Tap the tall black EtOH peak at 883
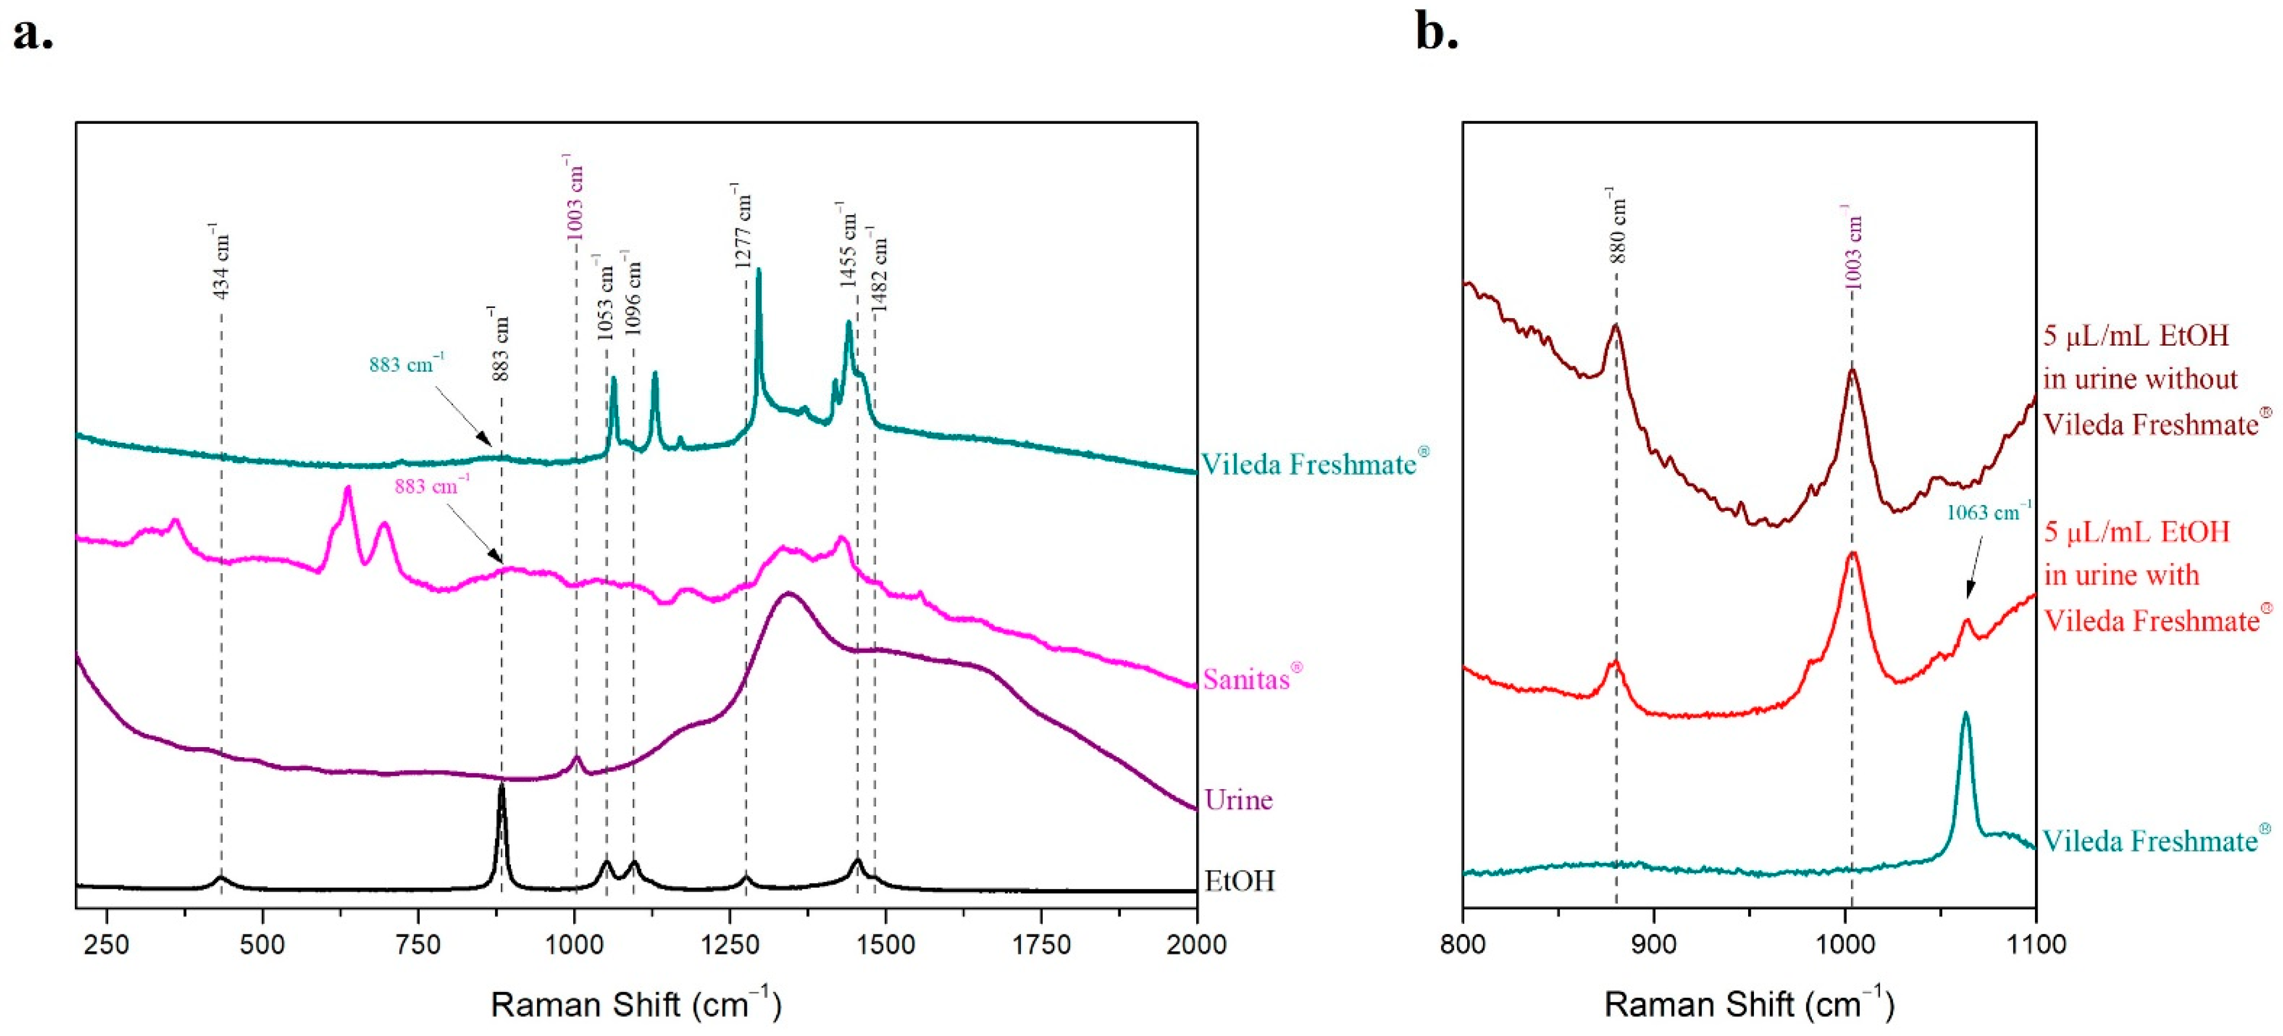click(501, 789)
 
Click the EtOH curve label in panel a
click(1239, 881)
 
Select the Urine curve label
click(1238, 800)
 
